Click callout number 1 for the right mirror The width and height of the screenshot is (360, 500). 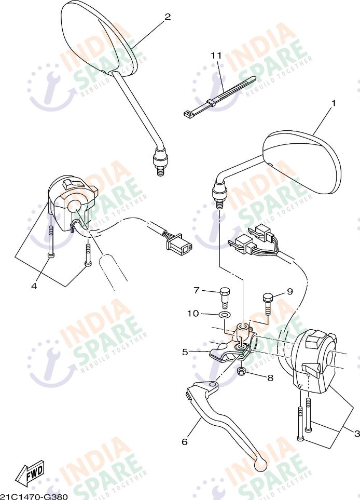click(334, 103)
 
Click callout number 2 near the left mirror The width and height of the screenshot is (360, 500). click(167, 17)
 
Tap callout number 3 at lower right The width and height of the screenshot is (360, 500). click(357, 433)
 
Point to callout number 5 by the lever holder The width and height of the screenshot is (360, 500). click(185, 352)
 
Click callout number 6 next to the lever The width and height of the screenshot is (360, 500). click(184, 442)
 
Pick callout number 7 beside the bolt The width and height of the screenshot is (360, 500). click(197, 290)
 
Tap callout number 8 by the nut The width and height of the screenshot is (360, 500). click(270, 378)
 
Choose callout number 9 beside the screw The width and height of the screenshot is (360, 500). click(289, 291)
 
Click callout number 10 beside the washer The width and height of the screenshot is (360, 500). click(193, 313)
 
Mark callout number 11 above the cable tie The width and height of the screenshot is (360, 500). click(216, 55)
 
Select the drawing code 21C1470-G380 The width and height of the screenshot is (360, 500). click(34, 496)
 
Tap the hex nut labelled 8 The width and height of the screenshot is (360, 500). click(241, 371)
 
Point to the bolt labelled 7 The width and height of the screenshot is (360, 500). click(225, 294)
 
